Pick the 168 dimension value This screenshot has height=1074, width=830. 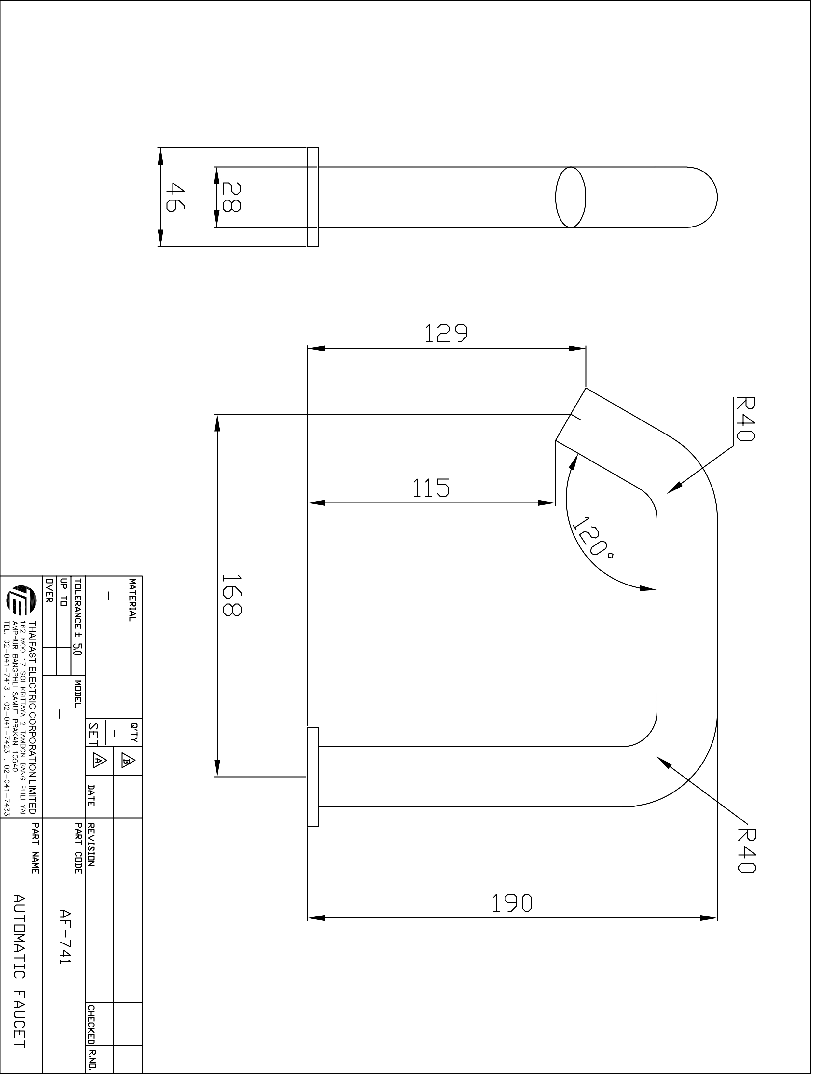231,595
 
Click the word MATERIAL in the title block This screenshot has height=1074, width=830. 132,600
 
